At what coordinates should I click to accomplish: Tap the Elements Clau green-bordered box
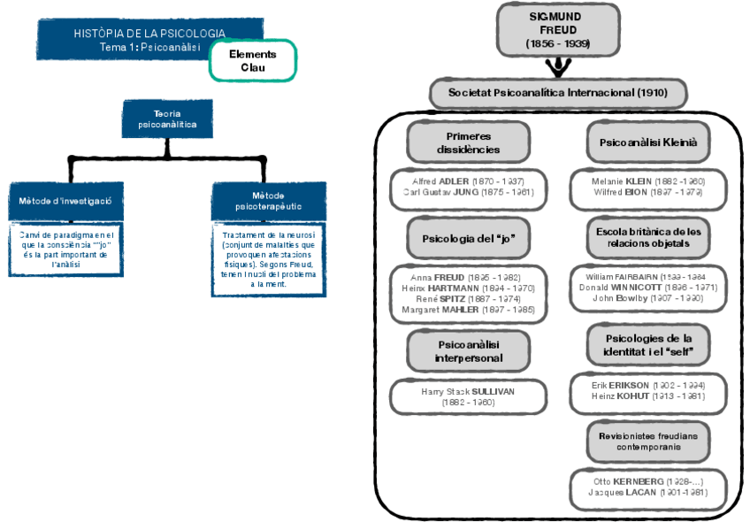click(252, 60)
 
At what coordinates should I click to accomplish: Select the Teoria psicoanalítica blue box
click(167, 119)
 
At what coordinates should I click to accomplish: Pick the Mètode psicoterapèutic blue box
click(268, 201)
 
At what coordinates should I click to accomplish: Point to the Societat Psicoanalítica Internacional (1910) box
click(558, 92)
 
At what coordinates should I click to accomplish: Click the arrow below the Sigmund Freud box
click(558, 67)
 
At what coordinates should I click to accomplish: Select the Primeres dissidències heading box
click(468, 142)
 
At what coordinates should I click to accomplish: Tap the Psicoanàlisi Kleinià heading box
click(648, 142)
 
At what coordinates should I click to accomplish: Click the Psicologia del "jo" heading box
click(468, 239)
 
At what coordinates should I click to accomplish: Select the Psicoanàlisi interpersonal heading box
click(468, 351)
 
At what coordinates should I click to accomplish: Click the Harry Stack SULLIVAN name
click(468, 390)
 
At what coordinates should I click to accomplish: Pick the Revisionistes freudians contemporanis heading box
click(648, 442)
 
